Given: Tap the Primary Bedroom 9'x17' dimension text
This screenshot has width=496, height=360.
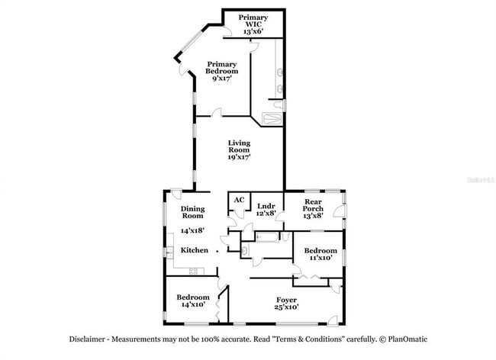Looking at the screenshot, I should (x=221, y=78).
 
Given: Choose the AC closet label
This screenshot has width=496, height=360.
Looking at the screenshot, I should (x=239, y=200).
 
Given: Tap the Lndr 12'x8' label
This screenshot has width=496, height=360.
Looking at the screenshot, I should (x=266, y=210).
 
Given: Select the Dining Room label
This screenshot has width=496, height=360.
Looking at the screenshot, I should (x=192, y=212).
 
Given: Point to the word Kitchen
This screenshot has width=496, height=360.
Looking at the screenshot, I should (x=195, y=250).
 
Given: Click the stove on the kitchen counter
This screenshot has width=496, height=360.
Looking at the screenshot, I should (x=195, y=272).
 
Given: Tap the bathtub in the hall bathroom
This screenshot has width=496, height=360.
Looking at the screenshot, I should (x=269, y=238).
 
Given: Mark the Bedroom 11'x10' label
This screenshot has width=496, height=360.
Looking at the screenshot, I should (x=320, y=255).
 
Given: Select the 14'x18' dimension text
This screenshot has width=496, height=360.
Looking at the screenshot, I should (x=192, y=230).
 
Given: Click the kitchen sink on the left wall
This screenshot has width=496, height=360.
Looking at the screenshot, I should (x=168, y=253).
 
